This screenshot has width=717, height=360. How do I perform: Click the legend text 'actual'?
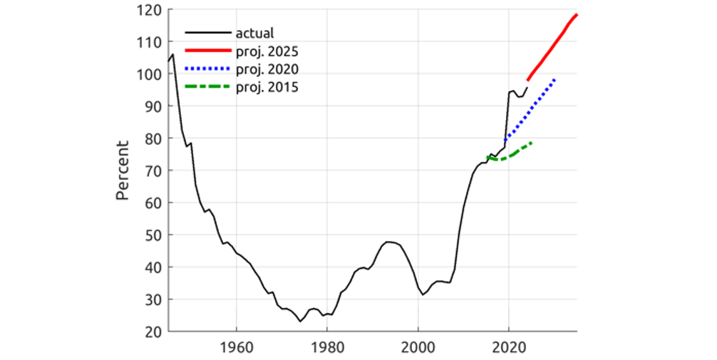[x=255, y=33]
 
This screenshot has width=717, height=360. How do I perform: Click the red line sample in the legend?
[x=208, y=51]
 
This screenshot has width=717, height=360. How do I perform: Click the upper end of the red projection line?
[x=577, y=14]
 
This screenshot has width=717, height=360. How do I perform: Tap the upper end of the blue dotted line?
[x=554, y=79]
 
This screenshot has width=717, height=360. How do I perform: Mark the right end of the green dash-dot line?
[x=532, y=143]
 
